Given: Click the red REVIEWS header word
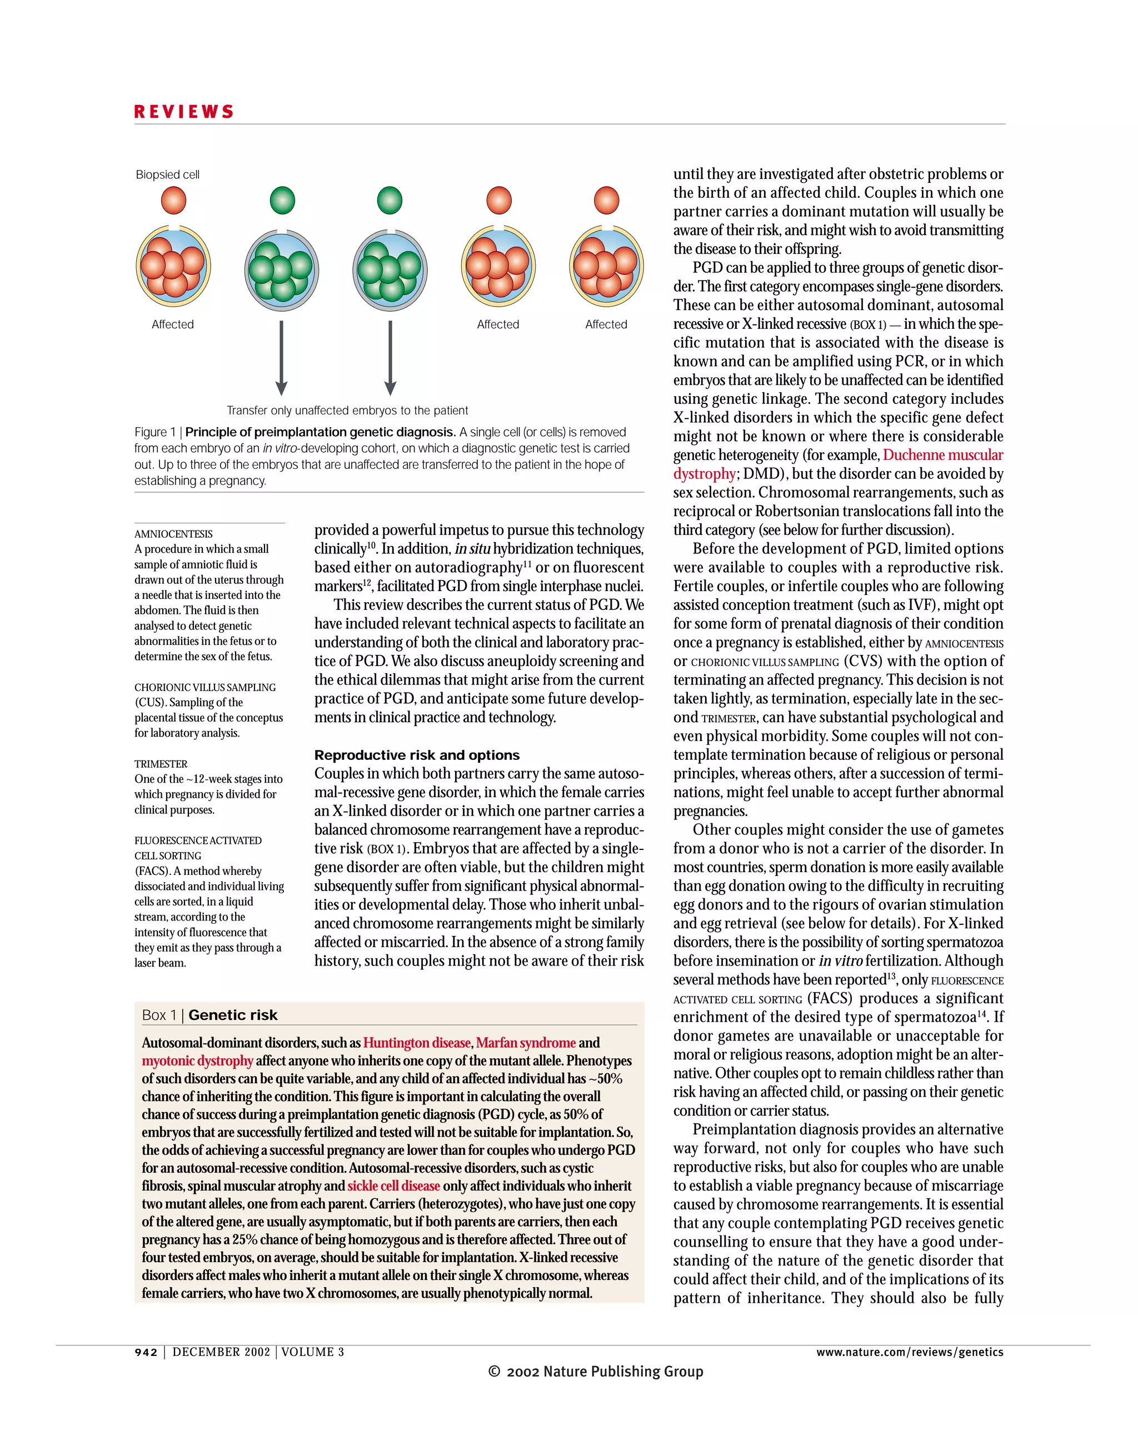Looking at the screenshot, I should (x=184, y=112).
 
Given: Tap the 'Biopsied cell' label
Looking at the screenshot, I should (x=167, y=174).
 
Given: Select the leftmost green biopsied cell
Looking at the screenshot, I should (x=282, y=200).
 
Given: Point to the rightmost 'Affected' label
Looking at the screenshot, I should (x=606, y=324).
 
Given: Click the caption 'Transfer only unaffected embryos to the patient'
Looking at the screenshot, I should (x=347, y=411).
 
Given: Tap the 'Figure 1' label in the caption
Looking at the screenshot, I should (x=154, y=432).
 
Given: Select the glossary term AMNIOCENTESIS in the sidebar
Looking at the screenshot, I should (x=173, y=534).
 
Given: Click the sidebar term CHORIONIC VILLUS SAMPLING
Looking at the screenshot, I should (x=204, y=687).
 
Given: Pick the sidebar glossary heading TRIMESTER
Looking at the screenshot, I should (x=161, y=764).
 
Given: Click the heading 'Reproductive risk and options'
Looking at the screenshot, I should (x=417, y=755).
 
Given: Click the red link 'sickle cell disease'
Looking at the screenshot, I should (x=393, y=1186).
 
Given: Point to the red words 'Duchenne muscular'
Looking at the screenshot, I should (x=942, y=456).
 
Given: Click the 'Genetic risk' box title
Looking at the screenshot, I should (x=233, y=1015).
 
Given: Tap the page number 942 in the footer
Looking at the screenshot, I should (x=146, y=1352).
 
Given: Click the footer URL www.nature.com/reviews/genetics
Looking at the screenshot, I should (x=909, y=1352).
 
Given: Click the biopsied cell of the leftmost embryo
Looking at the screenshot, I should (x=173, y=200).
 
